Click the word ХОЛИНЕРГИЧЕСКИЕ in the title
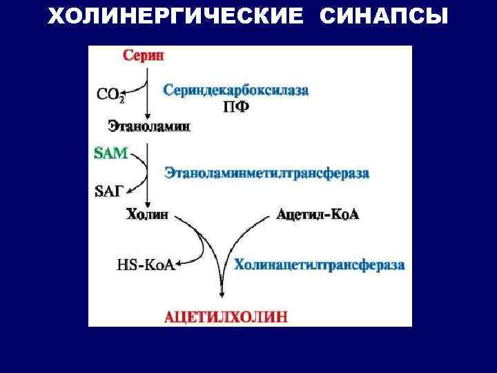pos(175,15)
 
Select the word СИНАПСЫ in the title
pos(384,15)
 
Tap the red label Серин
pos(143,56)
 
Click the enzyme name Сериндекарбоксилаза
pos(235,90)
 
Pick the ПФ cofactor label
pos(235,107)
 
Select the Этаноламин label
pos(149,126)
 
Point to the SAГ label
pos(110,191)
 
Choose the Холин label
pos(147,215)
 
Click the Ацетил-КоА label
pos(318,215)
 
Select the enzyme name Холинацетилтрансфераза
pos(320,265)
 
